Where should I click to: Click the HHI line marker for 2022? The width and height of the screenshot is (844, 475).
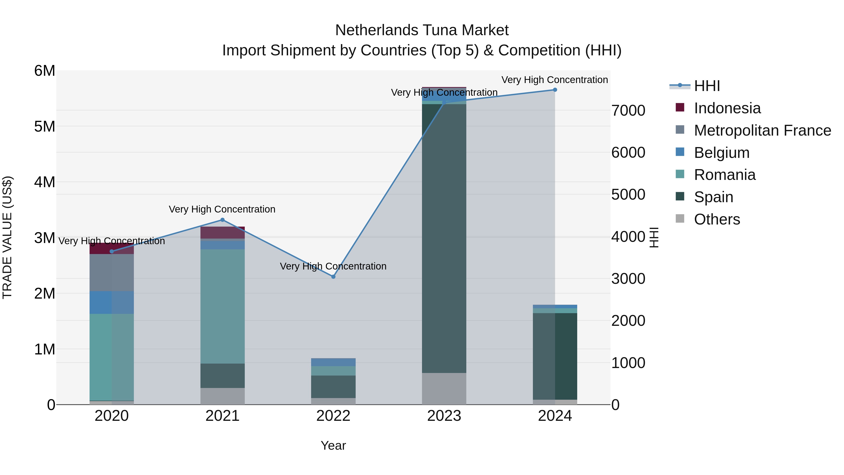click(333, 277)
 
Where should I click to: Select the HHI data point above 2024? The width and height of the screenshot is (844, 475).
click(555, 90)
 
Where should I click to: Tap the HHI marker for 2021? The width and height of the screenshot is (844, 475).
click(222, 220)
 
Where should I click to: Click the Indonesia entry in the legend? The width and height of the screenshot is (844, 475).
click(727, 108)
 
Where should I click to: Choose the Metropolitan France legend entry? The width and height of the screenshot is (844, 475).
click(762, 130)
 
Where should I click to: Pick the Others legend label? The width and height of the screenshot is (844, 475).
click(717, 219)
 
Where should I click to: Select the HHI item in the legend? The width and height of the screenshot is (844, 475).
click(707, 86)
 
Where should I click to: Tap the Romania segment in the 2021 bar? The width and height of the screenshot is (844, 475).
click(222, 307)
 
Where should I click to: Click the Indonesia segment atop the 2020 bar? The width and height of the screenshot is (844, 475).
click(111, 248)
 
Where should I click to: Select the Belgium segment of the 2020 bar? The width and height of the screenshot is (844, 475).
click(111, 303)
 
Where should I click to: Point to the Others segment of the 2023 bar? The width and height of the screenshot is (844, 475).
click(444, 388)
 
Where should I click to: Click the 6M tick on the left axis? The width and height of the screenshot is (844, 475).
click(45, 71)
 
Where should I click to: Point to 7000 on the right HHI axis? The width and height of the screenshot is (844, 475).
click(628, 110)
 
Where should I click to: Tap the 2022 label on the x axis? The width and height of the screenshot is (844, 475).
click(333, 416)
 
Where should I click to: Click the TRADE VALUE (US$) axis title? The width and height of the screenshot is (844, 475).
click(7, 237)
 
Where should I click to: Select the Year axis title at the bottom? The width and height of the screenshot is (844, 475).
click(333, 445)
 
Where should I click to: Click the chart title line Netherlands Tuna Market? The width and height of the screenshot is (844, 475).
click(422, 30)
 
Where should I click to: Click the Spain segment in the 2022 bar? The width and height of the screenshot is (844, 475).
click(333, 387)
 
